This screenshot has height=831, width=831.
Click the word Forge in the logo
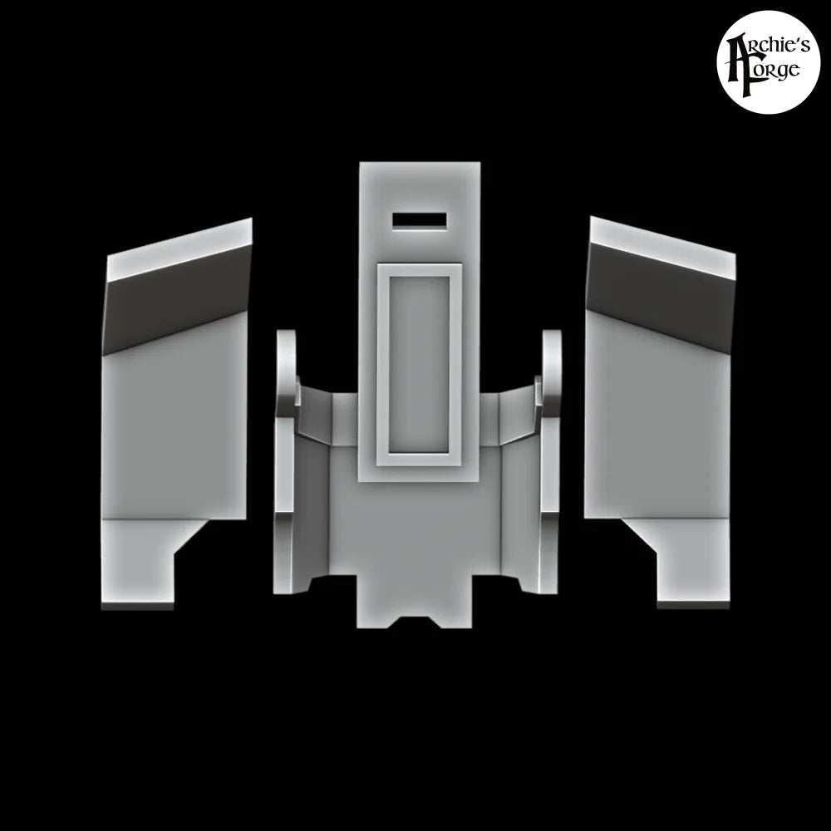point(772,71)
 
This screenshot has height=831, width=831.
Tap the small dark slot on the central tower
point(420,221)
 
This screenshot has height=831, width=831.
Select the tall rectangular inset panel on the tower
point(419,366)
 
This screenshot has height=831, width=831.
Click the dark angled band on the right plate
point(661,302)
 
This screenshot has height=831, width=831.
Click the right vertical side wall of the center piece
point(549,515)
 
